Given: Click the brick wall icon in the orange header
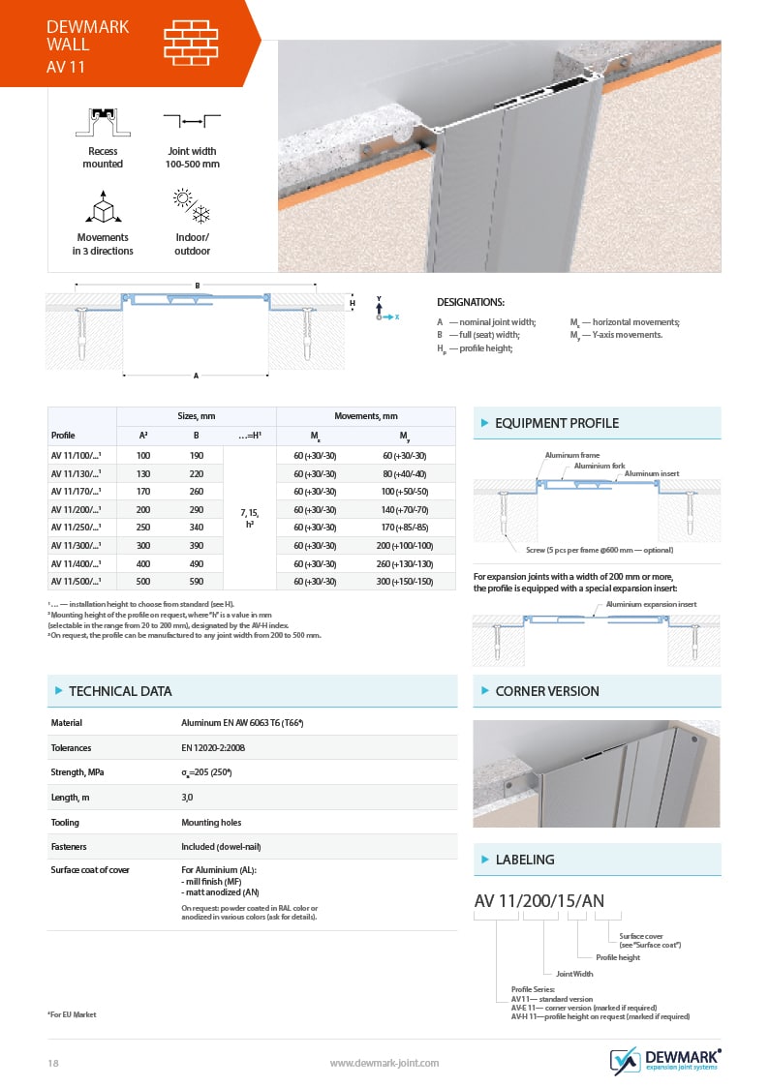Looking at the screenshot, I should click(x=190, y=43).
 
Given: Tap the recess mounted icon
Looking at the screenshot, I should click(x=103, y=122).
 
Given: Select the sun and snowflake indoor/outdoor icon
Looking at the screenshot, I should click(x=192, y=206).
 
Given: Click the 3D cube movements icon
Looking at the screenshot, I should click(x=103, y=208).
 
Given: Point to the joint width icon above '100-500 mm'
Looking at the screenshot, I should click(x=192, y=122).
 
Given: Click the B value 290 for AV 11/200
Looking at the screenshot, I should click(x=196, y=509).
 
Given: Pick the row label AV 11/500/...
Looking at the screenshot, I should click(x=77, y=581).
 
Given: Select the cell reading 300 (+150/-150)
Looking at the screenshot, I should click(x=404, y=581).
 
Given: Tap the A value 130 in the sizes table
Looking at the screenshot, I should click(x=143, y=473).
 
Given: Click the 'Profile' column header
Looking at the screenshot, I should click(x=63, y=436).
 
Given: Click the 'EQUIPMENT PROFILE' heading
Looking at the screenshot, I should click(x=556, y=423).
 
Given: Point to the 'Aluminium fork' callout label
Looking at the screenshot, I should click(x=600, y=466).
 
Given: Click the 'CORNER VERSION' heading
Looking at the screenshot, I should click(x=546, y=691).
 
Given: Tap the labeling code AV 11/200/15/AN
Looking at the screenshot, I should click(x=538, y=901).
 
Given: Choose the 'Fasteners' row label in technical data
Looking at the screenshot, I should click(x=70, y=847).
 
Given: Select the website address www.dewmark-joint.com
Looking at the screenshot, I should click(x=384, y=1063).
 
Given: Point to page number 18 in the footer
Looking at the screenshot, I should click(x=53, y=1063).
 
